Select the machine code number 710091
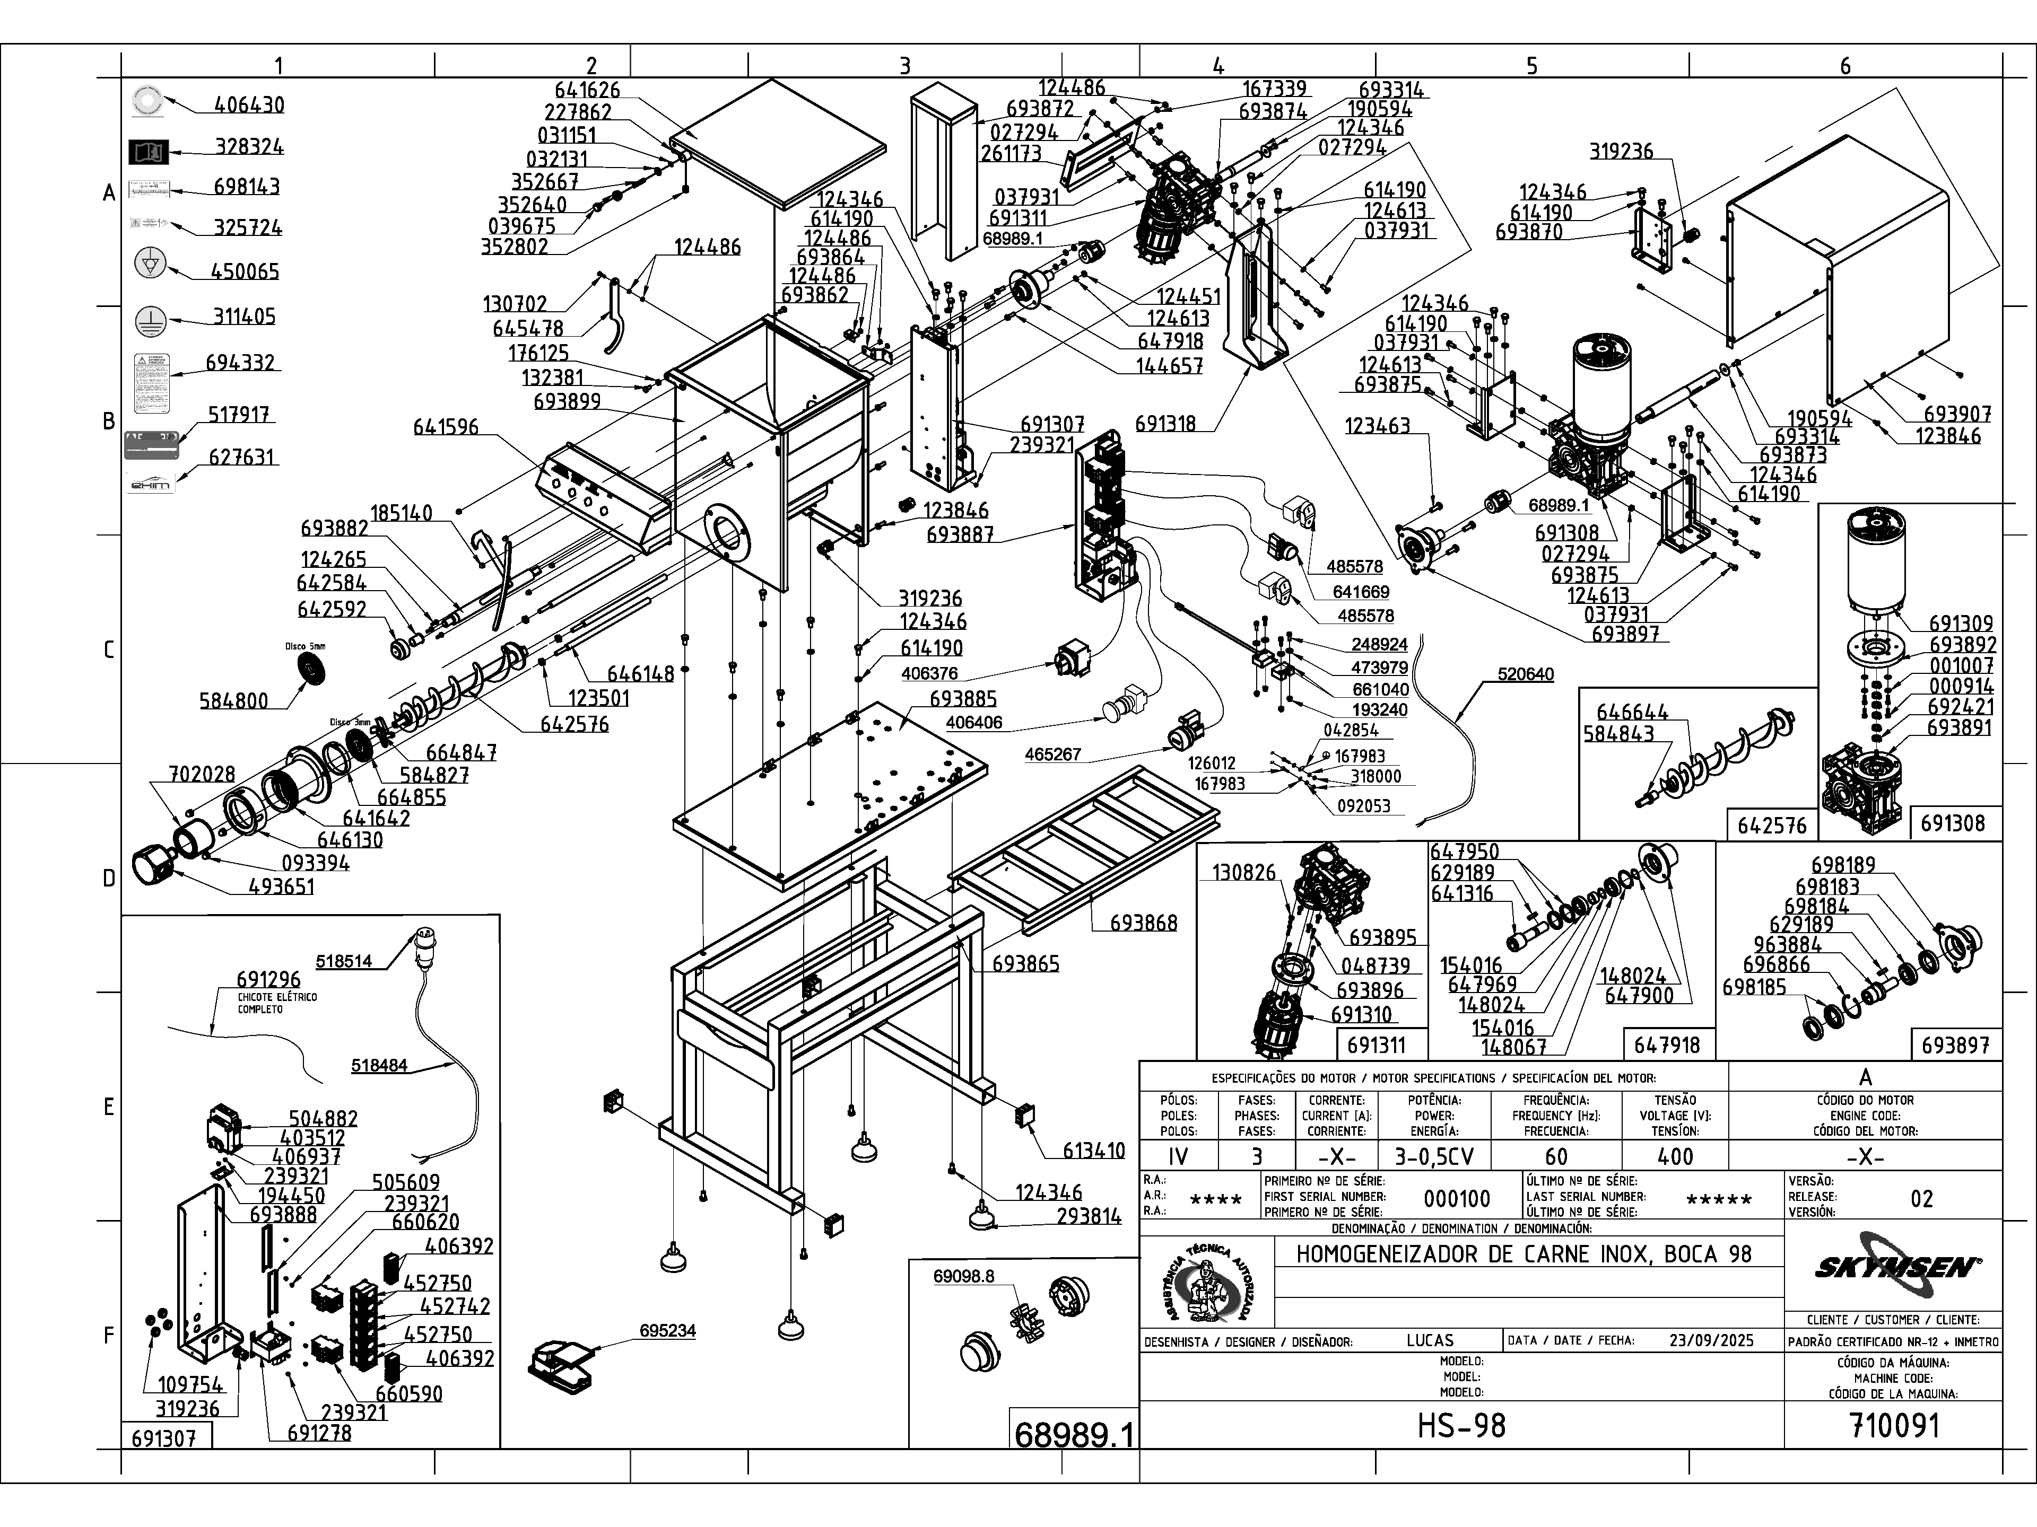pos(1893,1426)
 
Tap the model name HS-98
pos(1461,1426)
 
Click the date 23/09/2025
pos(1711,1340)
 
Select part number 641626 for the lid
pos(588,89)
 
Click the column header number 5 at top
pos(1531,65)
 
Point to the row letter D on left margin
pos(109,878)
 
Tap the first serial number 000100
pos(1456,1198)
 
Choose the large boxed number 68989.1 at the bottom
pos(1073,1434)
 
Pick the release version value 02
pos(1921,1198)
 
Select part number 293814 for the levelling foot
pos(1089,1216)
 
